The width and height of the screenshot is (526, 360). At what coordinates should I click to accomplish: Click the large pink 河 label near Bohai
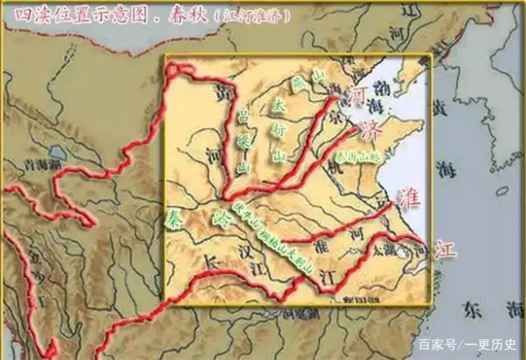(356, 97)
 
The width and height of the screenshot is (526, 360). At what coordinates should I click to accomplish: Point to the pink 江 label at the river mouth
(445, 249)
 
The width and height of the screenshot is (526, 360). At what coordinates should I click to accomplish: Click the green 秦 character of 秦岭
(174, 219)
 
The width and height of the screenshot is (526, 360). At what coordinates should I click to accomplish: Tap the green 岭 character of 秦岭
(220, 219)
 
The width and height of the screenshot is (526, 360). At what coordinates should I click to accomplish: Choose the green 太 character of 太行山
(279, 107)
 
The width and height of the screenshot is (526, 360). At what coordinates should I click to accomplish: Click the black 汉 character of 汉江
(246, 252)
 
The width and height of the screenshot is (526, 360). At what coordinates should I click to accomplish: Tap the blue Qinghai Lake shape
(58, 153)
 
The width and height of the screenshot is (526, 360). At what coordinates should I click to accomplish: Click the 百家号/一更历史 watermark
(467, 344)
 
